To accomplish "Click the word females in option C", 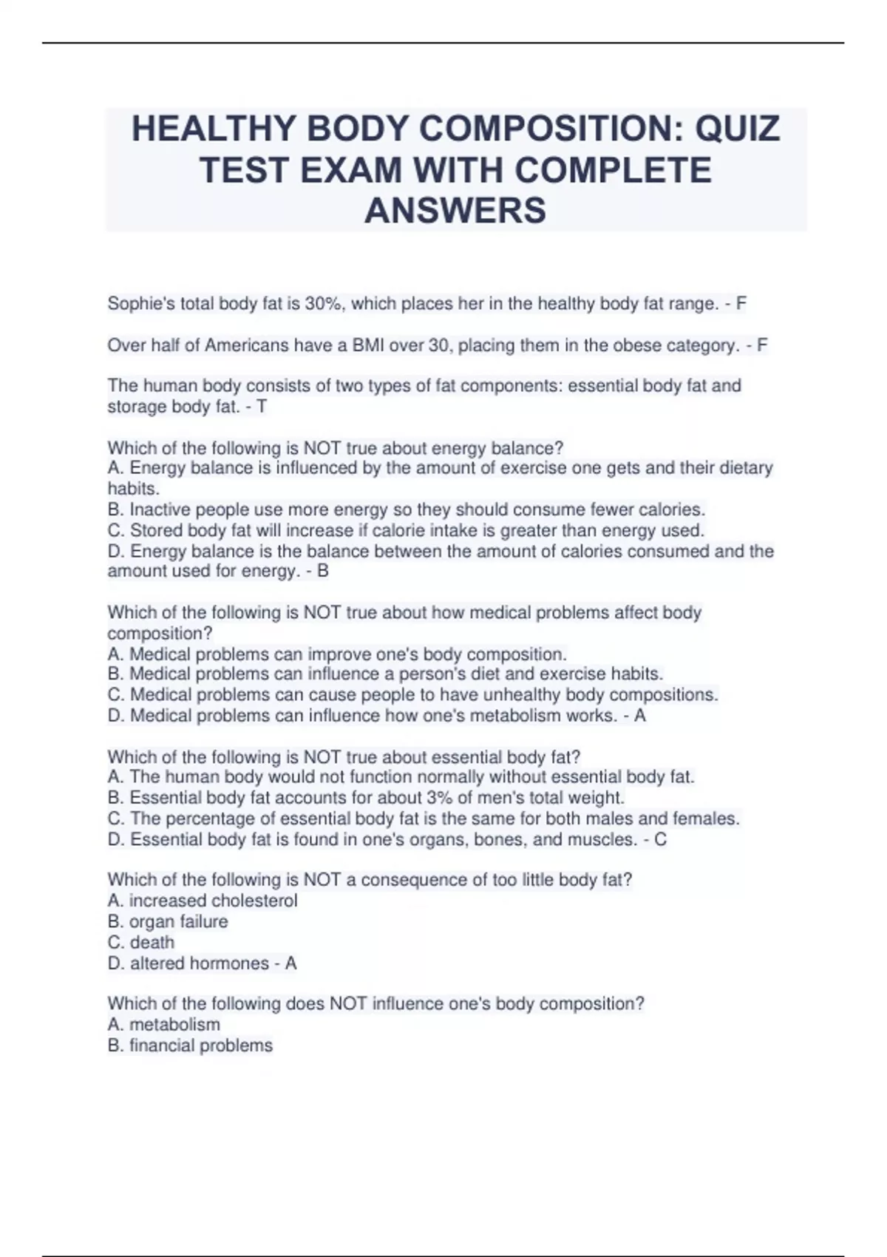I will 705,819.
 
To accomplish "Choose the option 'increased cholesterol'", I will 213,901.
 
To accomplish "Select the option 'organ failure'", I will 178,921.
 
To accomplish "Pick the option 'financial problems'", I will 200,1045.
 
